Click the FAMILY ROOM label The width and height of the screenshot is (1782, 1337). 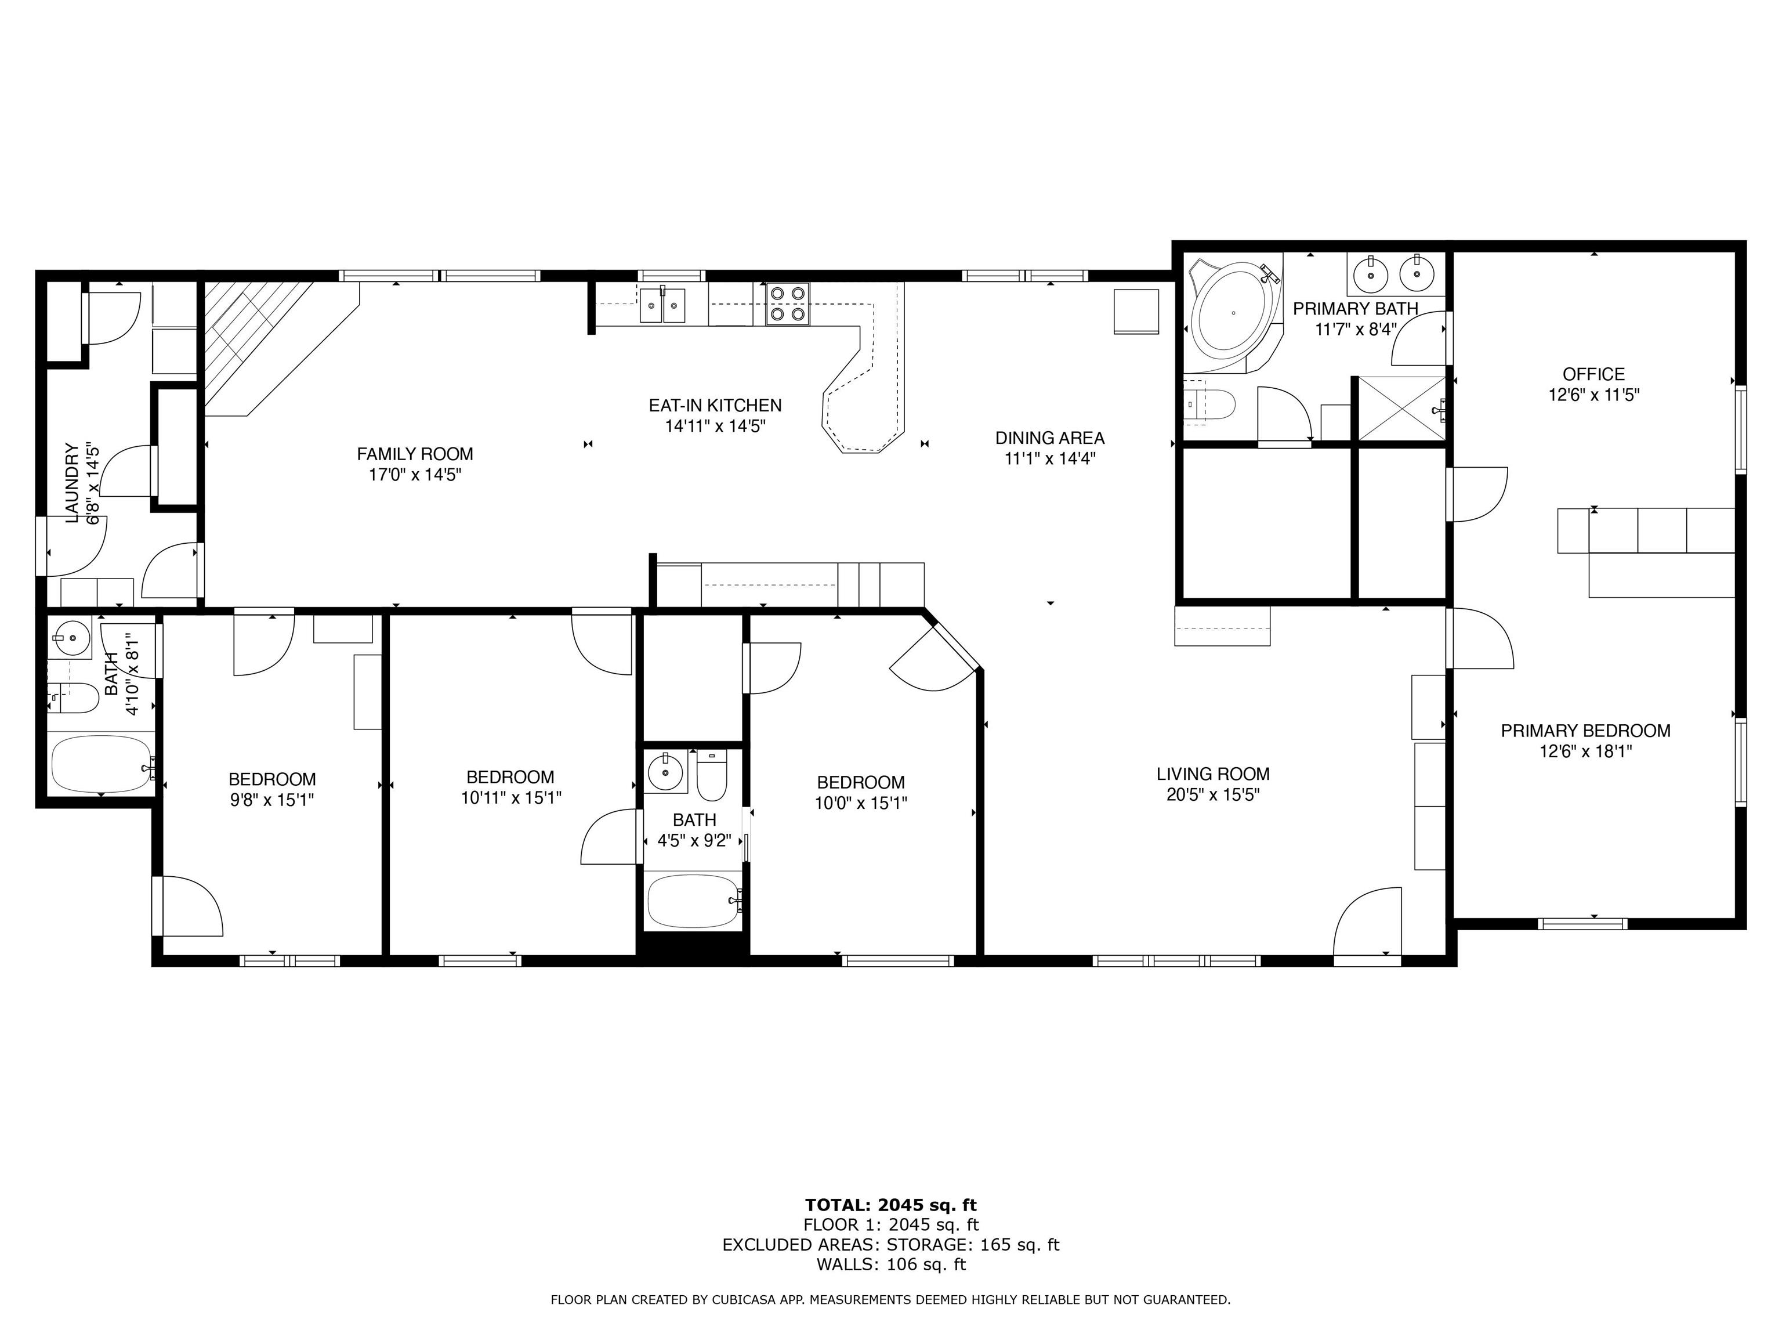tap(415, 454)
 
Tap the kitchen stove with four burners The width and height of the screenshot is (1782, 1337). tap(787, 305)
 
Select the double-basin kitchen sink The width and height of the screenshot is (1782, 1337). tap(662, 305)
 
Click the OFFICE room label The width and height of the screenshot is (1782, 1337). tap(1593, 374)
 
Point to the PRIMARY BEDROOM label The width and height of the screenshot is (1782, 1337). tap(1585, 731)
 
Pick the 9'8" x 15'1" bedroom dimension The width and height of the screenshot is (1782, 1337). tap(271, 800)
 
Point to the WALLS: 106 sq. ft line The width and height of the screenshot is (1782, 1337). tap(890, 1264)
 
